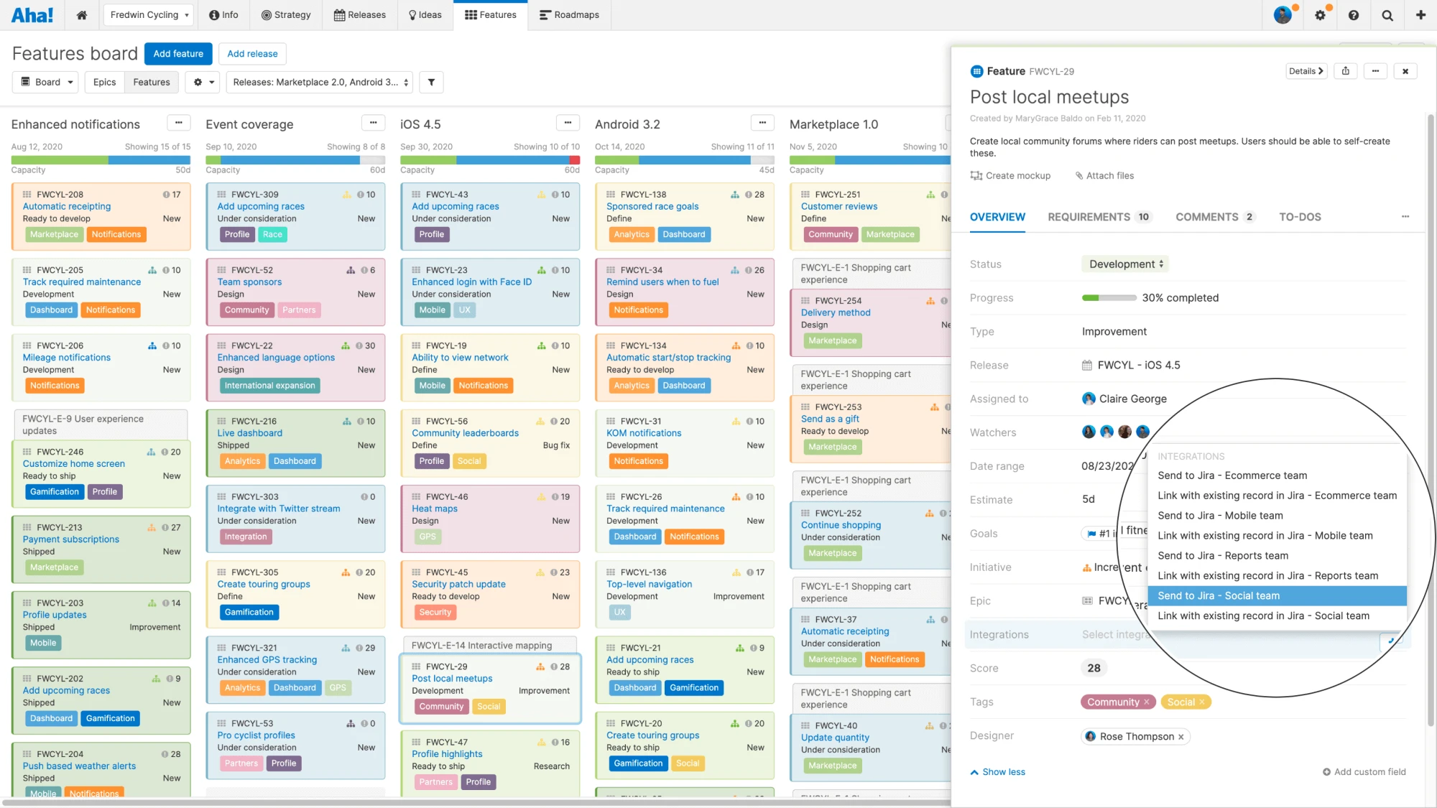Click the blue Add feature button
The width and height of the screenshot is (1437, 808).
pos(178,54)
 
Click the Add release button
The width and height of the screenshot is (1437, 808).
pos(252,54)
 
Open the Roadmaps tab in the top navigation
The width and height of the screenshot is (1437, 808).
pos(569,15)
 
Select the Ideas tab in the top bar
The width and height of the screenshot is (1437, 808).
pos(425,15)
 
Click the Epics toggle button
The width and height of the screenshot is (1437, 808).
pos(104,82)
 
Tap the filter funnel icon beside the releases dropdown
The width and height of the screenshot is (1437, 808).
pos(431,82)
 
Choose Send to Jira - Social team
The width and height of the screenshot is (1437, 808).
pos(1219,595)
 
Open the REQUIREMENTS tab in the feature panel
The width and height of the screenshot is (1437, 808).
pos(1089,217)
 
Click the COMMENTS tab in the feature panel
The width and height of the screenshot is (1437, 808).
pos(1206,217)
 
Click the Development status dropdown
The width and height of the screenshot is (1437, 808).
pos(1125,264)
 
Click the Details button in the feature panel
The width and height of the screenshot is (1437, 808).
pos(1305,71)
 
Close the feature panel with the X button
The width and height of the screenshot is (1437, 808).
pos(1405,71)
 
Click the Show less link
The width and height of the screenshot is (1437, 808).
pos(1003,772)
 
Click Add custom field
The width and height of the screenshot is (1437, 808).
pos(1364,772)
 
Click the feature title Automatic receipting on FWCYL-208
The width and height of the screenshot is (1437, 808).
pos(67,207)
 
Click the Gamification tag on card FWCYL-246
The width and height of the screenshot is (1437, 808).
pos(55,492)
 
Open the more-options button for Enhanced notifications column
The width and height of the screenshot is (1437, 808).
pos(178,123)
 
